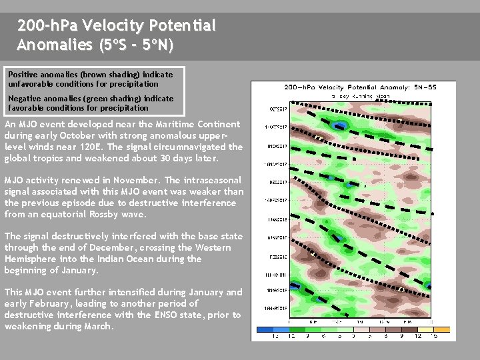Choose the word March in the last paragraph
(x=97, y=327)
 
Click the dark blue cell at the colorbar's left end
(x=264, y=329)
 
